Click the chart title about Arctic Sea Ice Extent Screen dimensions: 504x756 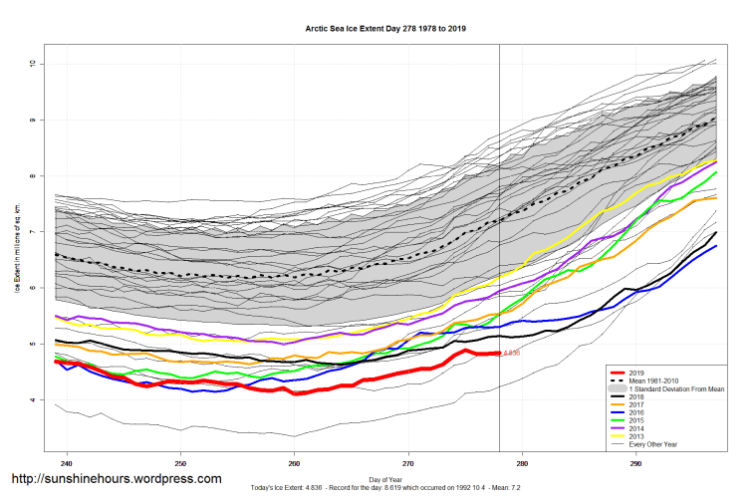coord(385,30)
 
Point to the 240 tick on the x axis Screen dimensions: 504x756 coord(67,464)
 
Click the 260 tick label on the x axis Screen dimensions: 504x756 coord(294,464)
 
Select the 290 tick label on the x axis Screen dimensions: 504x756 coord(635,464)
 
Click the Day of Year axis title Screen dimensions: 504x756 coord(385,479)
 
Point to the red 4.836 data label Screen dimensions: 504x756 coord(511,353)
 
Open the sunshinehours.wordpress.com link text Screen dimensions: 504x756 coord(116,479)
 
